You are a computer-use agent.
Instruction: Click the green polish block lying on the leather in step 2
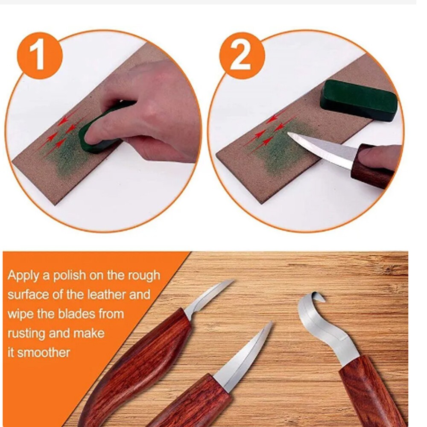coord(359,100)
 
